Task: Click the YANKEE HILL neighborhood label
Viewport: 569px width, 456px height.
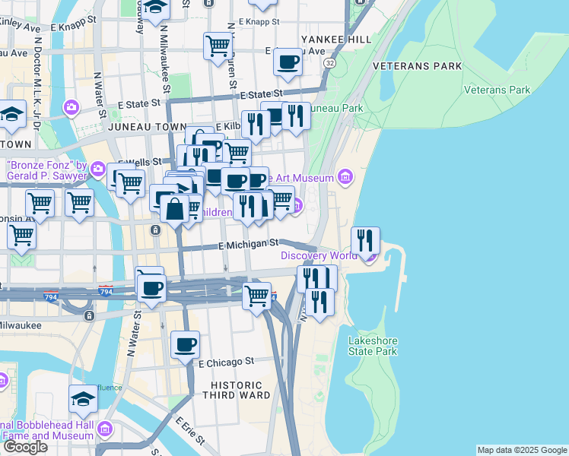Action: point(336,39)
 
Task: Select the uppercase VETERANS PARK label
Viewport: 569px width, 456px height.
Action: point(418,66)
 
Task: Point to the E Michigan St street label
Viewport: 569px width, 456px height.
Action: point(248,245)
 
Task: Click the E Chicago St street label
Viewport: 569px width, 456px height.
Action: point(226,363)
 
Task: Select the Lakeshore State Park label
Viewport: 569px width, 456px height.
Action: point(373,346)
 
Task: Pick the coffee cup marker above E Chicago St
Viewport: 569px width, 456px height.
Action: point(185,346)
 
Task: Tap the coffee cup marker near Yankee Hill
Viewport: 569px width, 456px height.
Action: point(288,62)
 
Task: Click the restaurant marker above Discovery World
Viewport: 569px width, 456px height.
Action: point(366,242)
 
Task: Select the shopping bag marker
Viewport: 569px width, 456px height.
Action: point(174,209)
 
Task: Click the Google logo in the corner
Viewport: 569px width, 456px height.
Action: point(24,447)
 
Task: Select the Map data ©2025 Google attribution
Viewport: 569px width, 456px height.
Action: point(521,450)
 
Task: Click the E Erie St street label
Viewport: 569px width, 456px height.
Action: point(190,430)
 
